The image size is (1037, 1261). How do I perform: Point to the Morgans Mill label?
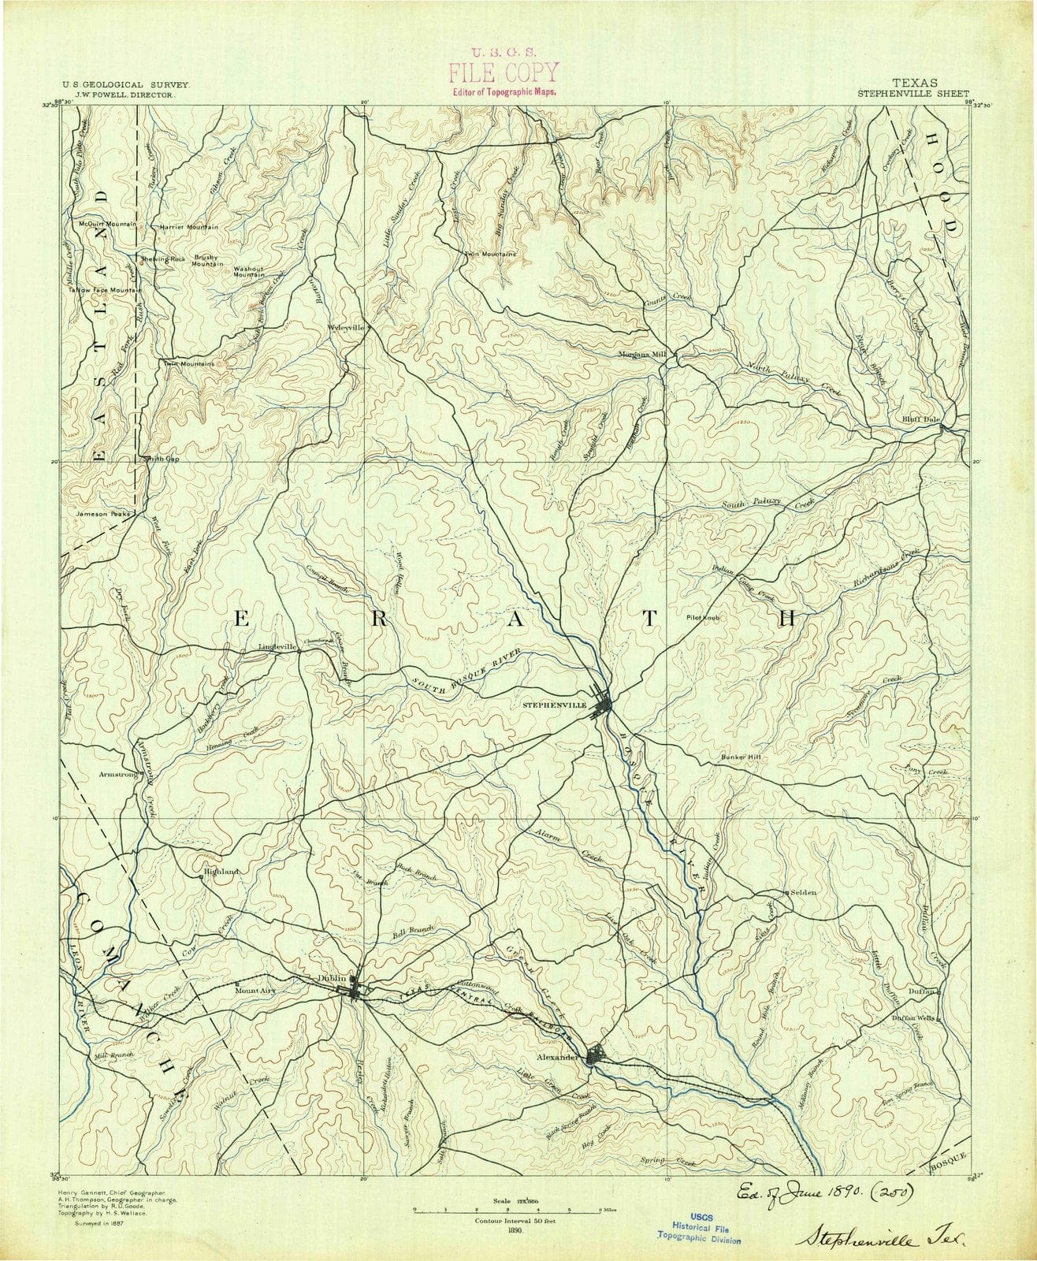coord(643,354)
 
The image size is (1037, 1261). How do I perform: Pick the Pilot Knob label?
coord(704,619)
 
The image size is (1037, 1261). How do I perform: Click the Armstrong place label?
coord(116,775)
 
